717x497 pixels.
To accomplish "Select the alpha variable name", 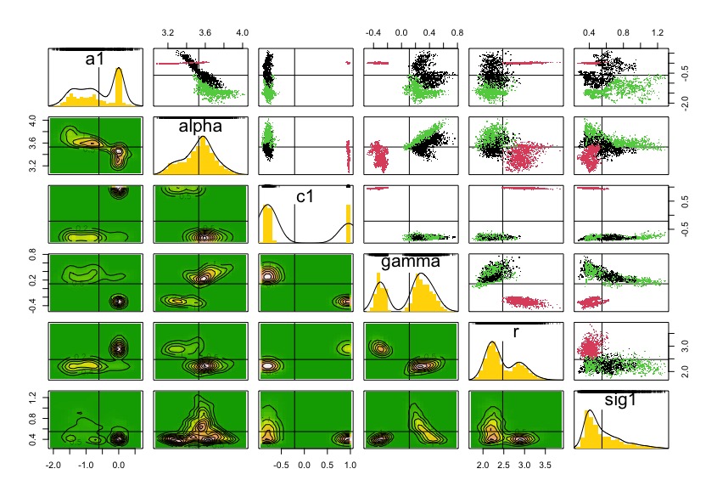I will [x=199, y=127].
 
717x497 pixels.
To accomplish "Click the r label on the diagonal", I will [x=514, y=332].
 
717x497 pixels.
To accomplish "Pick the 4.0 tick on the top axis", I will [x=241, y=32].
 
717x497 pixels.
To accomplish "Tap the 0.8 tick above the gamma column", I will [x=456, y=32].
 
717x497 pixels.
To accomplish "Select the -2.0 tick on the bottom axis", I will [x=53, y=466].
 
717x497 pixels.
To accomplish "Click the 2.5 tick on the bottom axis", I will [x=503, y=466].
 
